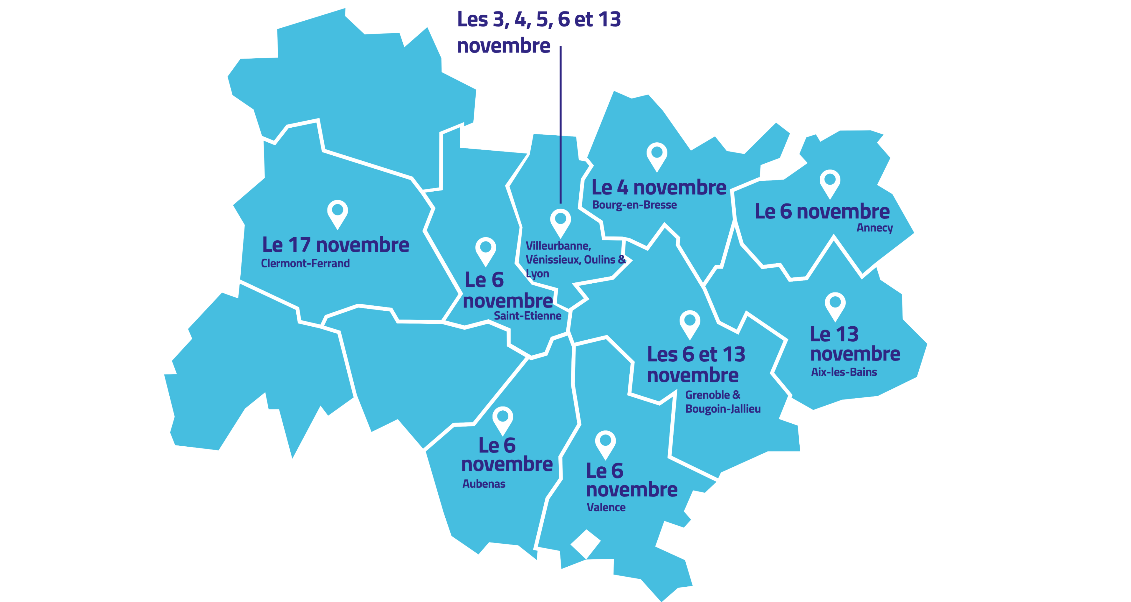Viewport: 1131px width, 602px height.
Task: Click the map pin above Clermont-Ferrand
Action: (x=337, y=213)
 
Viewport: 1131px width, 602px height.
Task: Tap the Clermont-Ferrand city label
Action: (x=305, y=264)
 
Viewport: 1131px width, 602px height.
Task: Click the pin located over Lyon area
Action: (x=560, y=222)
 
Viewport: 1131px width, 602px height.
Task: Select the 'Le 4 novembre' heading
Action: (x=659, y=187)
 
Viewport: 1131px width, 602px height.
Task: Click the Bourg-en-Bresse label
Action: (x=634, y=205)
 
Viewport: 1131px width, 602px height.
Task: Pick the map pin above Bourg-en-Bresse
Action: (x=657, y=156)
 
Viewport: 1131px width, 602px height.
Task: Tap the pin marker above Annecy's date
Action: (x=829, y=183)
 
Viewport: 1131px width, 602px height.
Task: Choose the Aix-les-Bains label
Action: (x=844, y=372)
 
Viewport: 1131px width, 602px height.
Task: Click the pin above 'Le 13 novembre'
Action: (x=835, y=306)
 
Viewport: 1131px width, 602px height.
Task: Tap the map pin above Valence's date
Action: (x=605, y=444)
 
